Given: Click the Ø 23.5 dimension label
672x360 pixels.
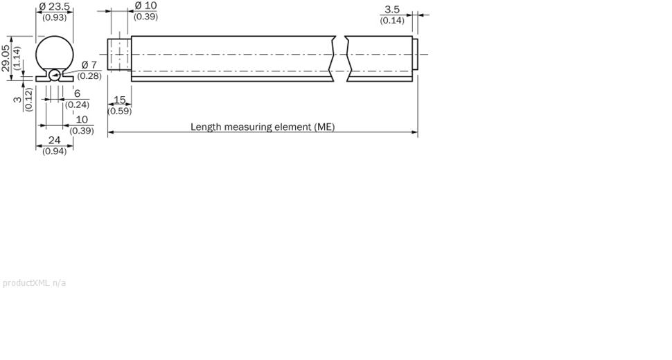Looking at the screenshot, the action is coord(54,7).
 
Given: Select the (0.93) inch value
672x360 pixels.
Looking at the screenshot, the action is coord(55,17).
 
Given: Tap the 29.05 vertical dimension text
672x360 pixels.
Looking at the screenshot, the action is coord(5,58).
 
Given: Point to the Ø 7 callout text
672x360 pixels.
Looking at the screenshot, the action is coord(89,65).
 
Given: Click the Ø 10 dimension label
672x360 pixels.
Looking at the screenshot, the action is coord(145,6).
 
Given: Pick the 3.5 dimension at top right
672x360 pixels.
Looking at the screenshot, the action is coord(392,10).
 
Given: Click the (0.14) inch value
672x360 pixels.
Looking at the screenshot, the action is coord(392,21).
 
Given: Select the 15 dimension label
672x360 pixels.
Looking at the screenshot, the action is coord(120,100).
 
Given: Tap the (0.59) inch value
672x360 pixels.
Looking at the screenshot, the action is coord(120,111).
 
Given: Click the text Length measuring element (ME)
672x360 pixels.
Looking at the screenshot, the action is coord(263,127).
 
